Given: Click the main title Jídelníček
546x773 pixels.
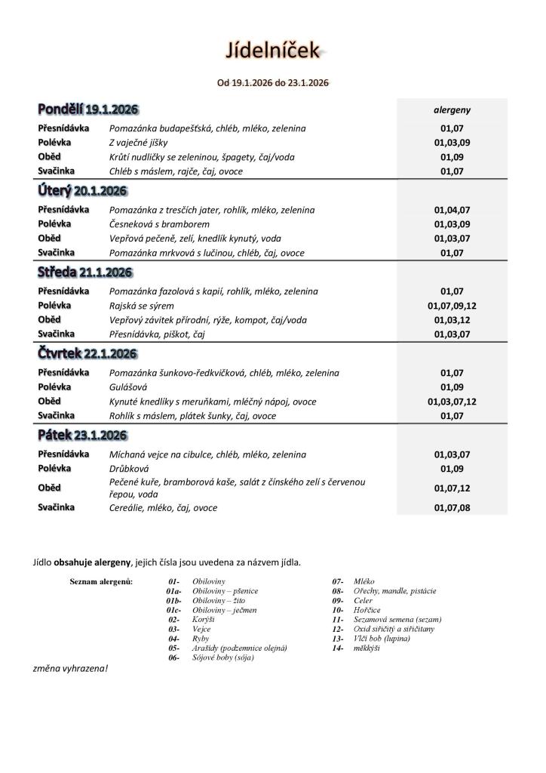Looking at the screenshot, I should (273, 51).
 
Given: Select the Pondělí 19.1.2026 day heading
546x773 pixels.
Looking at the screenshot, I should (88, 109).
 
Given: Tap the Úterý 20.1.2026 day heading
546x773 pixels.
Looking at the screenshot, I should (82, 191).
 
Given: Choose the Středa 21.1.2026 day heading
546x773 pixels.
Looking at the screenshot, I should (84, 273).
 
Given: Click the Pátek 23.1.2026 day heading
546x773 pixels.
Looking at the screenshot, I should (82, 436).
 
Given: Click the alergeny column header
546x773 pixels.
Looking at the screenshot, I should (452, 109).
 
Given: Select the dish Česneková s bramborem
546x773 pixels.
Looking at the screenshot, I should (159, 224).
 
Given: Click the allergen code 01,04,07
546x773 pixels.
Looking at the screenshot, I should (452, 210).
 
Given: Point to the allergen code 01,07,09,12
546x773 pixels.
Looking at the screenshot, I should (452, 306).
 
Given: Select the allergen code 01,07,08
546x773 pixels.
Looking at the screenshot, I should (452, 508).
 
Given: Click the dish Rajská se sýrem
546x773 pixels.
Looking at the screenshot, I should (142, 306).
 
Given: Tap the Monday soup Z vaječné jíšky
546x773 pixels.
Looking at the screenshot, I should (139, 143).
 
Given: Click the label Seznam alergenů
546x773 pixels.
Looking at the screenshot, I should (101, 581).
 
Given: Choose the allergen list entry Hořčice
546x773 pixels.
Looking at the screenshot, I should (367, 610).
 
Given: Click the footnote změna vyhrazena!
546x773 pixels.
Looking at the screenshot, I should (71, 668).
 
